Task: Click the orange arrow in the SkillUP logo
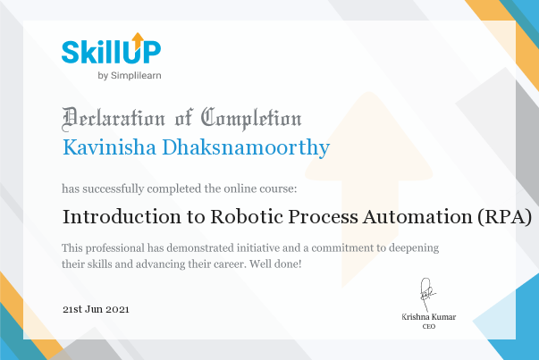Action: pyautogui.click(x=139, y=41)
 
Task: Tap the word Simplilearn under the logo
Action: pyautogui.click(x=136, y=76)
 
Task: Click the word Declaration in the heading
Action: pyautogui.click(x=114, y=119)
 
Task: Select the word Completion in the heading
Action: pyautogui.click(x=251, y=119)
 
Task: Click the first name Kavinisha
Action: pyautogui.click(x=109, y=147)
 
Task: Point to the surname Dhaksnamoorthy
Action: pyautogui.click(x=246, y=147)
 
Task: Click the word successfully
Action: pyautogui.click(x=114, y=188)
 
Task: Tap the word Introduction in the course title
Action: pyautogui.click(x=122, y=217)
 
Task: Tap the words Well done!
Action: pyautogui.click(x=275, y=264)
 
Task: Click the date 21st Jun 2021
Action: pyautogui.click(x=96, y=309)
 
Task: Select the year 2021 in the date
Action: pyautogui.click(x=117, y=309)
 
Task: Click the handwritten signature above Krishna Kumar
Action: pyautogui.click(x=427, y=295)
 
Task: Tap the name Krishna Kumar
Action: pyautogui.click(x=429, y=317)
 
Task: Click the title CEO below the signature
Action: pyautogui.click(x=429, y=326)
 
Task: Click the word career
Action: pyautogui.click(x=230, y=264)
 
